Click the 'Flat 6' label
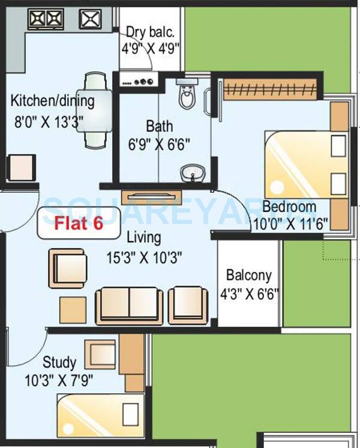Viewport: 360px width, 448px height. tap(79, 223)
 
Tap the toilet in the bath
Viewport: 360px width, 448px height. tap(187, 96)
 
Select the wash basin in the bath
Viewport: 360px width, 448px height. tap(191, 174)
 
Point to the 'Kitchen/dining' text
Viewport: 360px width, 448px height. tap(53, 100)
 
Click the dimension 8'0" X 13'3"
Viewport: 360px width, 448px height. tap(49, 120)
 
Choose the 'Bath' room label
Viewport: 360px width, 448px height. tap(160, 127)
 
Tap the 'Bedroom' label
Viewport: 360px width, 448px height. tap(289, 207)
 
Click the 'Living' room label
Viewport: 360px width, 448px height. tap(144, 238)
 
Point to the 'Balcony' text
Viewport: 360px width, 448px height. tap(249, 276)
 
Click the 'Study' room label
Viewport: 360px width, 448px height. tap(59, 362)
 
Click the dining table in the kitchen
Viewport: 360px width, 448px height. tap(96, 110)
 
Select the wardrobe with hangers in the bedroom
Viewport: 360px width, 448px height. tap(269, 89)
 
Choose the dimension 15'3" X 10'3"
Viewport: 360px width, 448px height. tap(144, 258)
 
